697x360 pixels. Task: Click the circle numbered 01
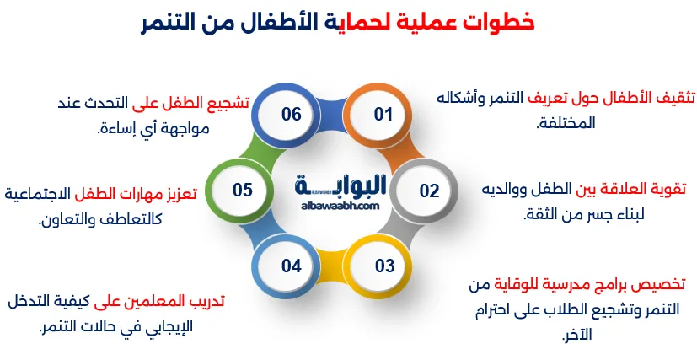[x=383, y=114]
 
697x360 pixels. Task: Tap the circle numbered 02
[x=430, y=191]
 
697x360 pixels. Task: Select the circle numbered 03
[x=384, y=266]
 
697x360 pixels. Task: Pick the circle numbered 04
[x=292, y=266]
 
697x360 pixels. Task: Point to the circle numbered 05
[x=243, y=191]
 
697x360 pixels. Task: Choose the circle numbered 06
[x=292, y=114]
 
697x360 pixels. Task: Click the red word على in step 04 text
[x=108, y=300]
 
